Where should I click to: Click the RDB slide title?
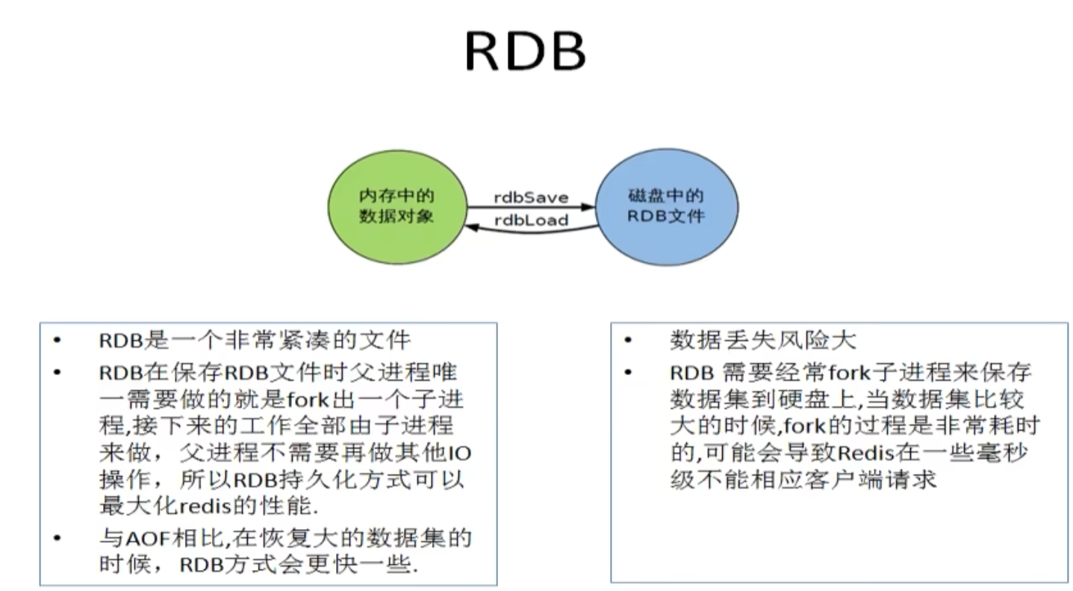coord(526,52)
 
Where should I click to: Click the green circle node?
coord(397,207)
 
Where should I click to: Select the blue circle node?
coord(667,207)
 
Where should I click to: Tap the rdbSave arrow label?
coord(531,197)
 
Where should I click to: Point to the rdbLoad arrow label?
coord(531,220)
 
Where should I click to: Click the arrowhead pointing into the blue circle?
coord(588,207)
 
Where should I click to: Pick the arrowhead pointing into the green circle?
coord(473,227)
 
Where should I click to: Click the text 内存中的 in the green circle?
coord(396,196)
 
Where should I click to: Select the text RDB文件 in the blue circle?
coord(666,216)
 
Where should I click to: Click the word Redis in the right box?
coord(867,453)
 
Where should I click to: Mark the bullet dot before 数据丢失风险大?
coord(629,341)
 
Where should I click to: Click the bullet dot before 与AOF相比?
coord(57,538)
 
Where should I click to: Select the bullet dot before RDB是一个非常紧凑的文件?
coord(57,341)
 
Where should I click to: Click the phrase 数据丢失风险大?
coord(762,341)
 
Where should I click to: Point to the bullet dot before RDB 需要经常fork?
coord(629,372)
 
